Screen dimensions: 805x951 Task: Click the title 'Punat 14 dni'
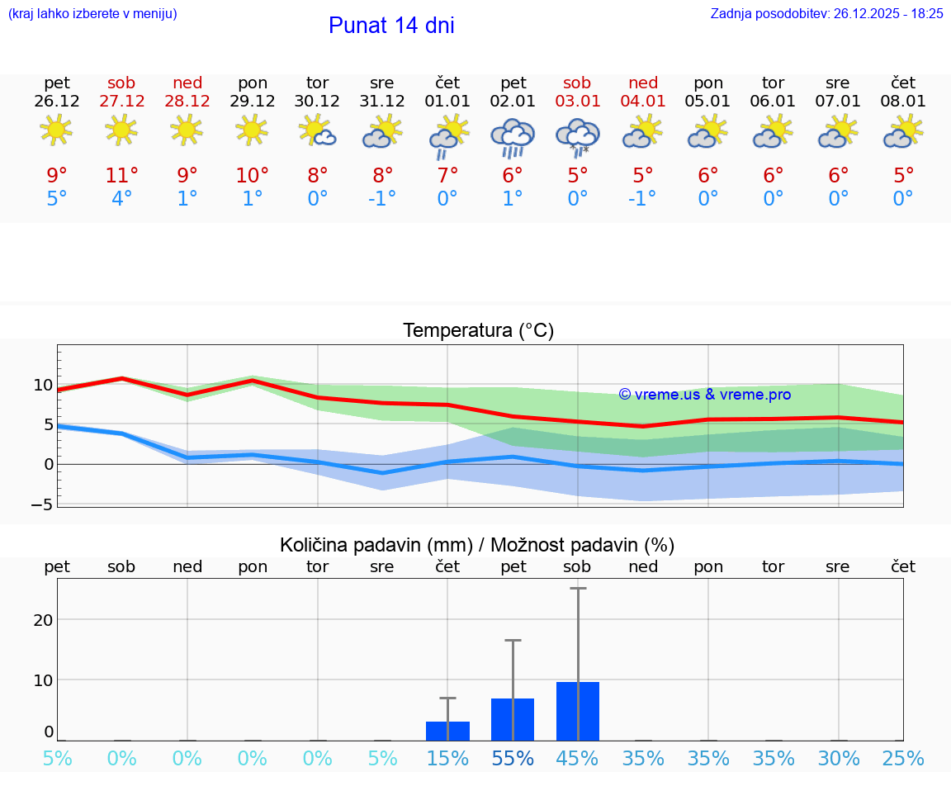391,26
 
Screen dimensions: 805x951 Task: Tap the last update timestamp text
826,13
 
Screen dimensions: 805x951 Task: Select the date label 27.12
122,101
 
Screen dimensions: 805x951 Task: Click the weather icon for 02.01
513,137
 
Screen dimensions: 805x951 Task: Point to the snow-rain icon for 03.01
577,137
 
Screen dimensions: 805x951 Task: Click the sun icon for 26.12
56,130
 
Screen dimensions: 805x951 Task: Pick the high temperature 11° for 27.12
122,176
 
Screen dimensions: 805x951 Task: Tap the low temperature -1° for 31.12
382,199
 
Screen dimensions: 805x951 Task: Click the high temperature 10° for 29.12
253,176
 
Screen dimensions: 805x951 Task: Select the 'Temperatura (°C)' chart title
478,331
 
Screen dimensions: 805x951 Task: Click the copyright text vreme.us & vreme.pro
705,395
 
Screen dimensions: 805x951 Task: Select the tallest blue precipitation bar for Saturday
578,711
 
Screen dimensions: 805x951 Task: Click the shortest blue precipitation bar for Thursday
447,731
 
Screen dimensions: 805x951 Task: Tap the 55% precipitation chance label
513,758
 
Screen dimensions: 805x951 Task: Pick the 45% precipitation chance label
577,758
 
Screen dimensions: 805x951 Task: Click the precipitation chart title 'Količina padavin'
477,545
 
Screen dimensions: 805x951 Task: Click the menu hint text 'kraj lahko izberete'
92,13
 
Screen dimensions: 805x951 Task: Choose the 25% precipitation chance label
903,758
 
